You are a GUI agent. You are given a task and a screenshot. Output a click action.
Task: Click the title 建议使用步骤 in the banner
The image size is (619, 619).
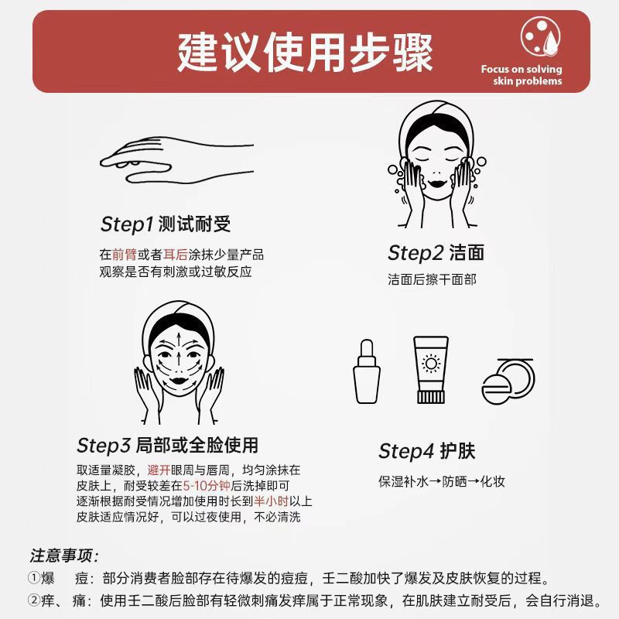click(305, 53)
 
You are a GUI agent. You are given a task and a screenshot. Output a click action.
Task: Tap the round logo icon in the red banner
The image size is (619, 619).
click(540, 36)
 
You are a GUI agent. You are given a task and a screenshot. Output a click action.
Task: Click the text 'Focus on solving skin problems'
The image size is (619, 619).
click(521, 75)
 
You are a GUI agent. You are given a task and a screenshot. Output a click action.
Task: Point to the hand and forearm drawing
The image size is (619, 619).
click(176, 160)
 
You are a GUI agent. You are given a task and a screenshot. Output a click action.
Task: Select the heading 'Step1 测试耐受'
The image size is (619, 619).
click(166, 224)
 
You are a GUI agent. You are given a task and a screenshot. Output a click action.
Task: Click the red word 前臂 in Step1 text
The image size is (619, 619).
click(125, 255)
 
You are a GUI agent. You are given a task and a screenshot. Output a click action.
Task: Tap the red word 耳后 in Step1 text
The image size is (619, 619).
click(176, 255)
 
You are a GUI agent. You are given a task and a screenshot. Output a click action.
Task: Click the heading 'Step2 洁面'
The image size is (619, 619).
click(436, 253)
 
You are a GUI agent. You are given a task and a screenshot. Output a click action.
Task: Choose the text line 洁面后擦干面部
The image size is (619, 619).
click(432, 279)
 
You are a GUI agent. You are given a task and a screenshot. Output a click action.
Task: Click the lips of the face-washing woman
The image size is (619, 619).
click(437, 183)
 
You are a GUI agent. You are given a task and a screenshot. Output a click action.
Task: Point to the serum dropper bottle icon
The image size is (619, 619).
click(366, 371)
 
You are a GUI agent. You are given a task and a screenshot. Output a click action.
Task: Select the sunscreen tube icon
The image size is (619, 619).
click(431, 370)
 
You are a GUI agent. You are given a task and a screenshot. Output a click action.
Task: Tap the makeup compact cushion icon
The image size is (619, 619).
click(508, 381)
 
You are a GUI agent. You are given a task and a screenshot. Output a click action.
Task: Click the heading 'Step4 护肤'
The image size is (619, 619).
click(427, 451)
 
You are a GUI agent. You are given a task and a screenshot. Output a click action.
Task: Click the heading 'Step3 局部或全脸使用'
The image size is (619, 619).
click(167, 446)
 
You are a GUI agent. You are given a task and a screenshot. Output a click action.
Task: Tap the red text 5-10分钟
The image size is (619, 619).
click(207, 486)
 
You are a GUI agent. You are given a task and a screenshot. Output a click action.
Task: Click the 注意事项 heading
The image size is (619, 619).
click(64, 556)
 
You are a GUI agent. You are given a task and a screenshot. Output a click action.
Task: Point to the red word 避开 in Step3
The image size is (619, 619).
click(159, 470)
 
